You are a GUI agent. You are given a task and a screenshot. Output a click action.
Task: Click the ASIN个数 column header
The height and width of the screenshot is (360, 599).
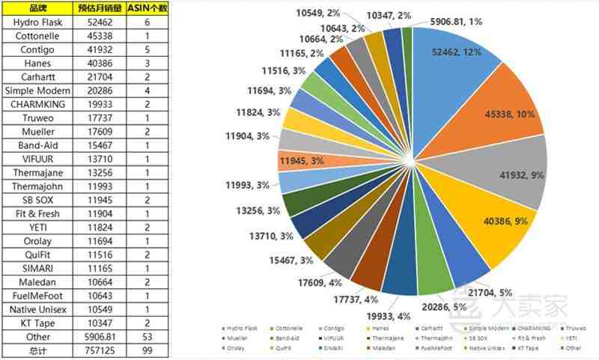coord(147,8)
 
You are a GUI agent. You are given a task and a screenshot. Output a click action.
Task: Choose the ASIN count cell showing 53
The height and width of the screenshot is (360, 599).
coord(147,337)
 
